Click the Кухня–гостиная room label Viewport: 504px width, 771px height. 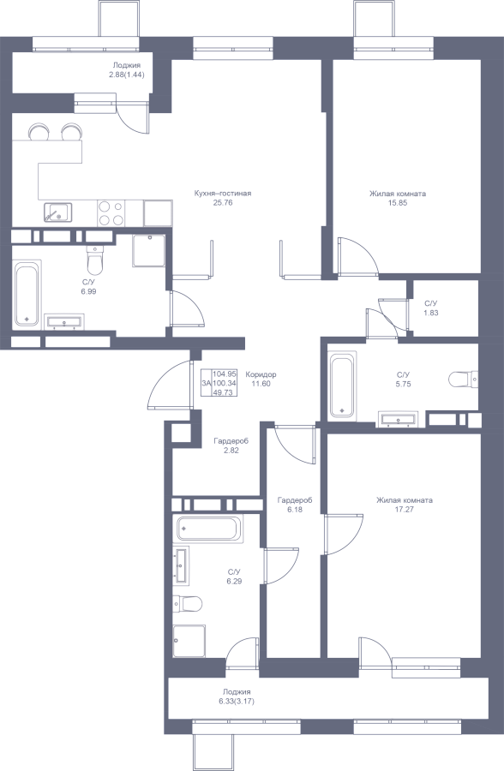pyautogui.click(x=223, y=194)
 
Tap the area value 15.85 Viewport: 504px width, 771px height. pyautogui.click(x=398, y=202)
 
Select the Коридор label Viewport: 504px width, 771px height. pyautogui.click(x=261, y=374)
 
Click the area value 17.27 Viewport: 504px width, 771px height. pyautogui.click(x=404, y=510)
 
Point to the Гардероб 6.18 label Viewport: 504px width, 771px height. pyautogui.click(x=295, y=505)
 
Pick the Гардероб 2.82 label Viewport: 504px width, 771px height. pyautogui.click(x=231, y=445)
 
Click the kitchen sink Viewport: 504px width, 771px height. pyautogui.click(x=58, y=213)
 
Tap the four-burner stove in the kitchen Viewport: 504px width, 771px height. pyautogui.click(x=111, y=213)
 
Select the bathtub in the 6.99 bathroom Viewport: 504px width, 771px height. pyautogui.click(x=27, y=295)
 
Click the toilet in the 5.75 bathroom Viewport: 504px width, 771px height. pyautogui.click(x=463, y=380)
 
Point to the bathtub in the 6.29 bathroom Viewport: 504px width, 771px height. pyautogui.click(x=208, y=529)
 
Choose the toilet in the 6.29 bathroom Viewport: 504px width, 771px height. pyautogui.click(x=188, y=603)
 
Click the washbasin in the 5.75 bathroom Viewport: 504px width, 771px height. pyautogui.click(x=399, y=419)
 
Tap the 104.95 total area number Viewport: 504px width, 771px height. pyautogui.click(x=225, y=374)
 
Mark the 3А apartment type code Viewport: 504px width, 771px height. pyautogui.click(x=207, y=383)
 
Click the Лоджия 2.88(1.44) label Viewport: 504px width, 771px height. pyautogui.click(x=127, y=70)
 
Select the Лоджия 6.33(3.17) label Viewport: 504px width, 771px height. pyautogui.click(x=237, y=696)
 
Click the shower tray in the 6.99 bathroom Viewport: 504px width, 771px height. pyautogui.click(x=148, y=251)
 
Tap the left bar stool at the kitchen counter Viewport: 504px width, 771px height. pyautogui.click(x=39, y=131)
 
